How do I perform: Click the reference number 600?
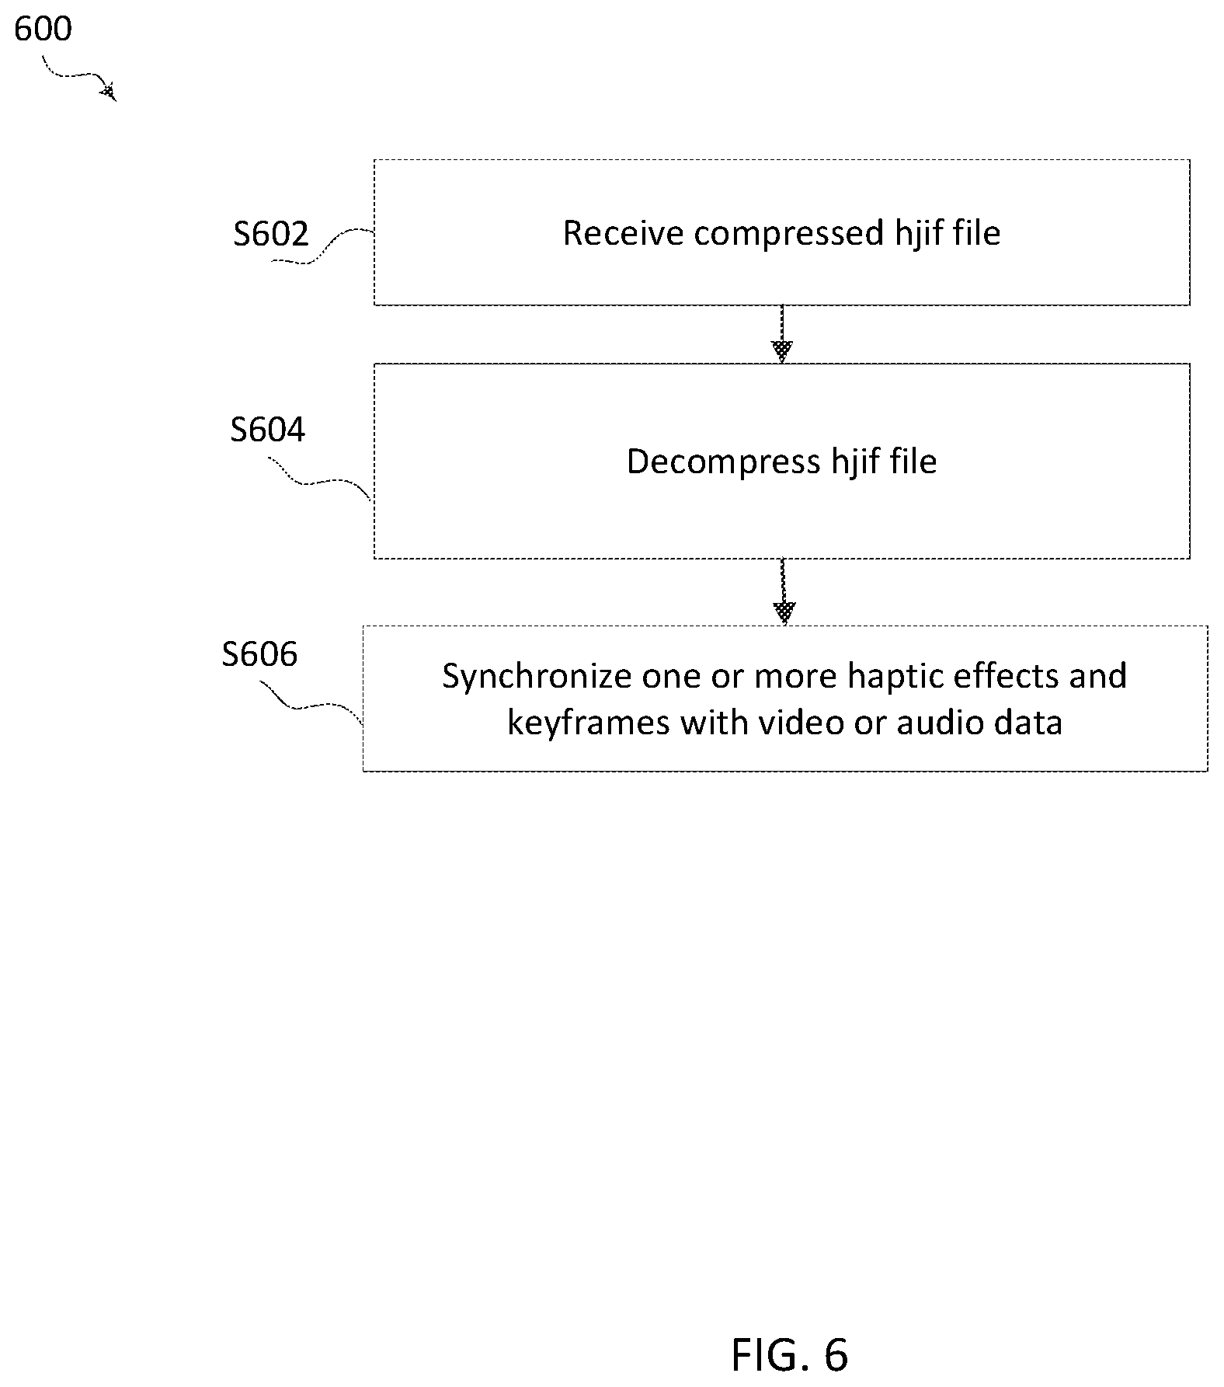pos(43,29)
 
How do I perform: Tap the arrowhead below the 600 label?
pos(110,92)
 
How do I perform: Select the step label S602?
pos(271,233)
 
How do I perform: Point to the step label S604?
pos(268,429)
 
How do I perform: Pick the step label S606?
pos(259,653)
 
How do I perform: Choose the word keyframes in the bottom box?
pos(588,723)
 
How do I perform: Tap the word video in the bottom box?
pos(801,722)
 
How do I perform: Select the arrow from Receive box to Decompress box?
pos(782,334)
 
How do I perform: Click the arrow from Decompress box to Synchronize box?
pos(784,591)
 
